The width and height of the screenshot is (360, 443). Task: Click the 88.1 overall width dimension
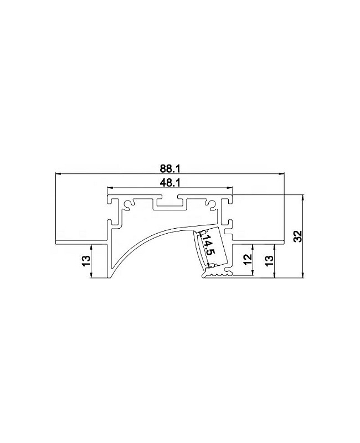coord(170,169)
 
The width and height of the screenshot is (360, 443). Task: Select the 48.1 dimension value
coord(170,183)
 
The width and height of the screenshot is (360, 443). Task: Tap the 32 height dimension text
coord(298,236)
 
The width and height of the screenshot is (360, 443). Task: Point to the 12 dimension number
coord(248,259)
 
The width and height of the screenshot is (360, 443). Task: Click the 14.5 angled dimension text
coord(208,245)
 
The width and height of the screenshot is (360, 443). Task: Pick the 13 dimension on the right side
coord(269,260)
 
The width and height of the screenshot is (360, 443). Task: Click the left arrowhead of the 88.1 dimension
coord(58,173)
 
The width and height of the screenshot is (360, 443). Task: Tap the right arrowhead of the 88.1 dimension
coord(281,173)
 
